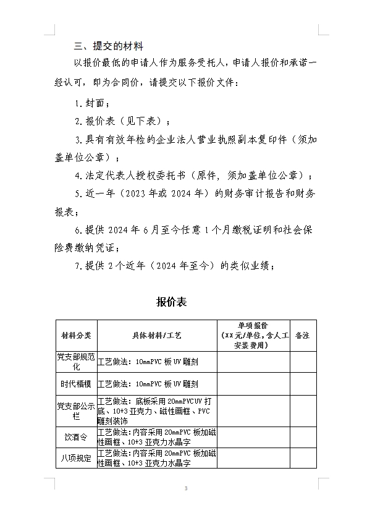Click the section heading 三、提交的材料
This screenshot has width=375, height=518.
(108, 46)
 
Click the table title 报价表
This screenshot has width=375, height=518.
(172, 302)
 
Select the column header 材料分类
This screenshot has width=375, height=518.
(76, 336)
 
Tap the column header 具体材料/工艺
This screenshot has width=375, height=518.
(157, 336)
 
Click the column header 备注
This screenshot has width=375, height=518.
(303, 336)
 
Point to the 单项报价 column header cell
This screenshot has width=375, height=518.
(253, 336)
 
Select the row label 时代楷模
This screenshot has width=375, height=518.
(76, 384)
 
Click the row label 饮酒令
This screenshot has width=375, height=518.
(76, 437)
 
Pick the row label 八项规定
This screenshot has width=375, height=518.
(76, 459)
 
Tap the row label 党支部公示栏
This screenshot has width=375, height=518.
(76, 410)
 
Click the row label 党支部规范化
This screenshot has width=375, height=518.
(76, 362)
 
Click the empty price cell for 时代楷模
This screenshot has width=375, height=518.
(253, 384)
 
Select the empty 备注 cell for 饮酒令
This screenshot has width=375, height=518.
(303, 437)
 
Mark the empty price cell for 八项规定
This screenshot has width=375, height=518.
(253, 459)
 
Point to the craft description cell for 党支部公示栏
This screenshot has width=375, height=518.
(157, 410)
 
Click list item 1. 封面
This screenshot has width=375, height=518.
(93, 103)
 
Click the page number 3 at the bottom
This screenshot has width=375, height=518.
(186, 489)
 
